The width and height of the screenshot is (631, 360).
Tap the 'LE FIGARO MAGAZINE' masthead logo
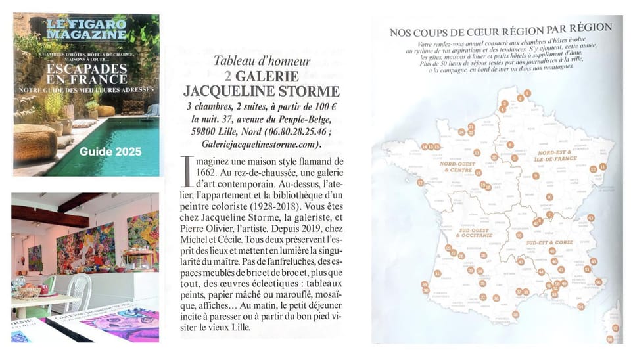(x=87, y=30)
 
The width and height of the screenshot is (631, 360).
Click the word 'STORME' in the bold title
(x=305, y=91)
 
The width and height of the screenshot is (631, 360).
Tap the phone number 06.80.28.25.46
(x=306, y=131)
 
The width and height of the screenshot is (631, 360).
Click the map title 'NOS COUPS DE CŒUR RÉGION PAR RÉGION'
(x=501, y=30)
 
